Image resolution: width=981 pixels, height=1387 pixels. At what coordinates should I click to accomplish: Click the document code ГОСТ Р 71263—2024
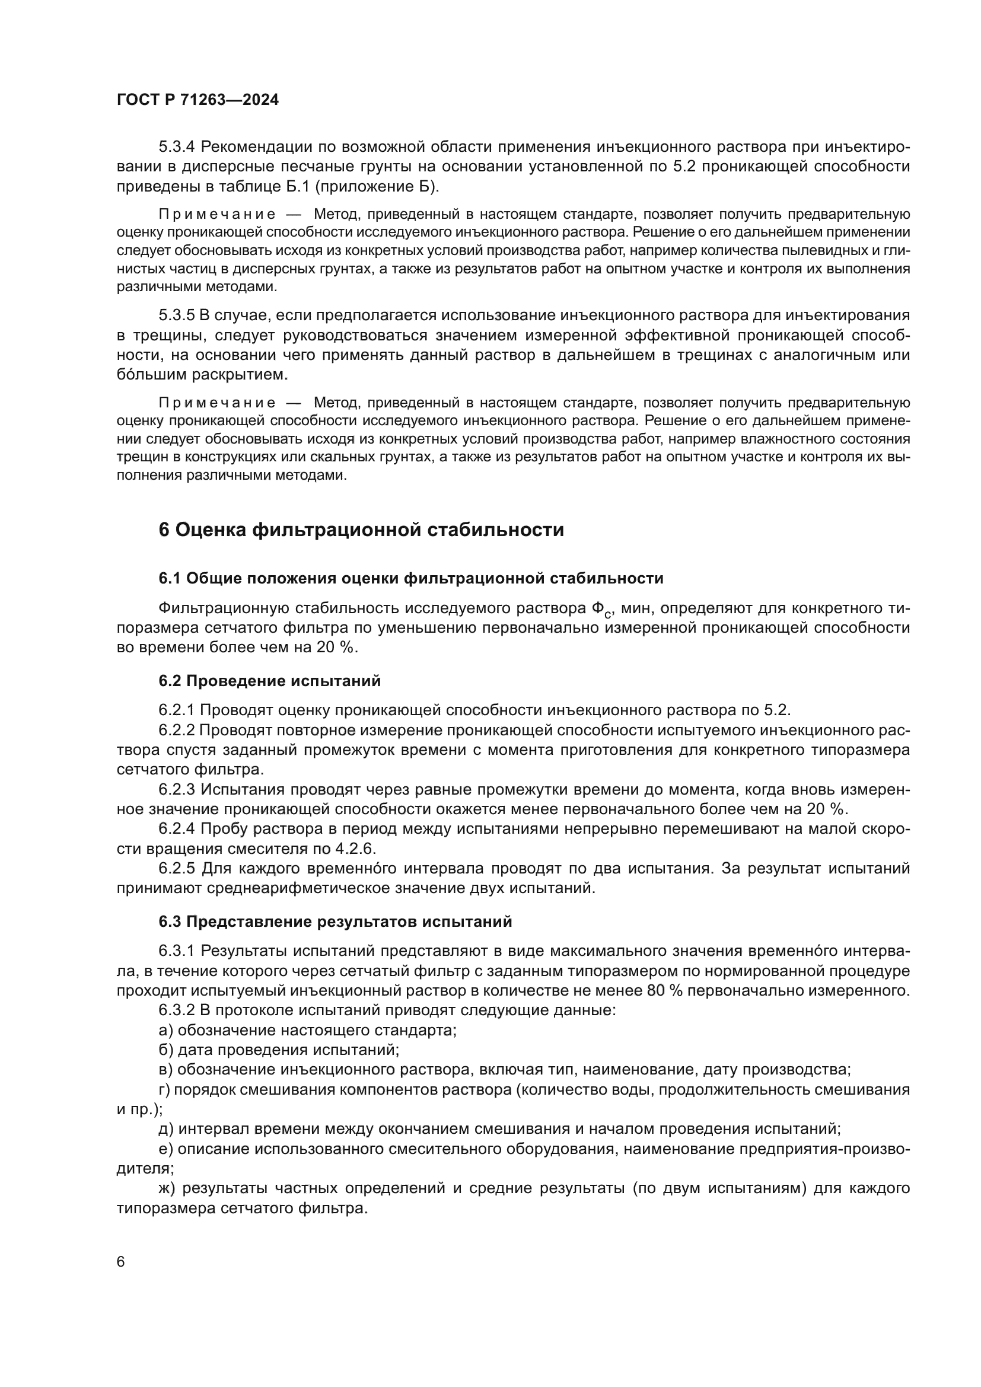point(198,100)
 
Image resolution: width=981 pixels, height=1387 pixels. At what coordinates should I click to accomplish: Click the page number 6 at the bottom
point(121,1261)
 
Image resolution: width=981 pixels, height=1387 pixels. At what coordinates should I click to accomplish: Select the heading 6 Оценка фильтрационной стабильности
point(361,530)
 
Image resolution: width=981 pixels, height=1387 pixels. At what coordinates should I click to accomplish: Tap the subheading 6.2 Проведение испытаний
point(269,681)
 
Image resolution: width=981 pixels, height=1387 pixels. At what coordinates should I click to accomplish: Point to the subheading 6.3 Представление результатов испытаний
point(335,922)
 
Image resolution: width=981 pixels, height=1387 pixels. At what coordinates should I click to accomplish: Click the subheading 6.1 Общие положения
point(411,578)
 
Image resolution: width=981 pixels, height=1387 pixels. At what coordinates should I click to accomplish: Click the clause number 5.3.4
point(177,147)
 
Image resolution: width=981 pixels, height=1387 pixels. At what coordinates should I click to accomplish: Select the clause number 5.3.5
point(177,315)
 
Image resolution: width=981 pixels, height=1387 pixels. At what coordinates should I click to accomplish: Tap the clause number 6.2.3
point(177,789)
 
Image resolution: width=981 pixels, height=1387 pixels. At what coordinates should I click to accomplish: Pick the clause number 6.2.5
point(177,869)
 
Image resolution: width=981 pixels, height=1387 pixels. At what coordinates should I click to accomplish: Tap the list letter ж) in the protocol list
point(168,1188)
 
